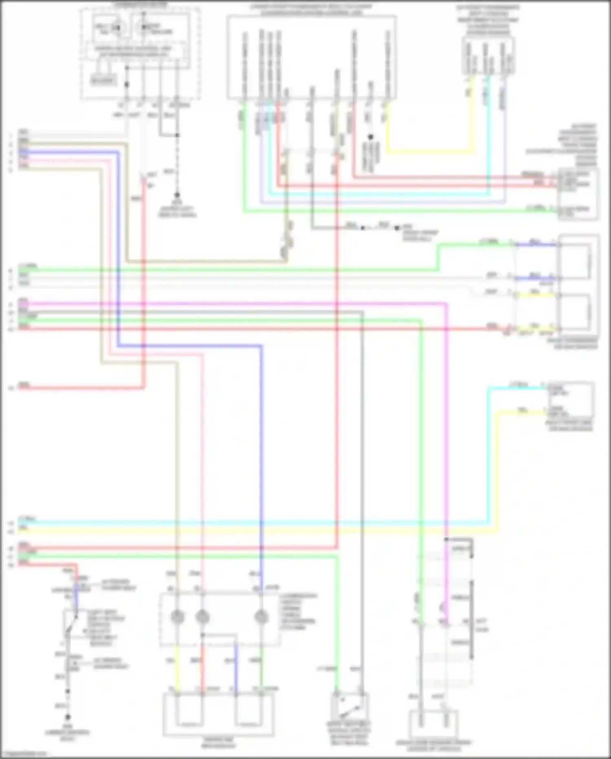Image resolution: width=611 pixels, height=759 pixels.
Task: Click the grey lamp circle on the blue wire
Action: point(261,617)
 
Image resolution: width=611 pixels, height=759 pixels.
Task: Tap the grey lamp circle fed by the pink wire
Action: point(202,617)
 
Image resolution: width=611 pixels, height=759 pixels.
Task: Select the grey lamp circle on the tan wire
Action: point(178,617)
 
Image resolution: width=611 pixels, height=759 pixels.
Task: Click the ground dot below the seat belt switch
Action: point(68,717)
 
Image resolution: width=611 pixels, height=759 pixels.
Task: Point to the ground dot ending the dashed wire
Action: point(177,195)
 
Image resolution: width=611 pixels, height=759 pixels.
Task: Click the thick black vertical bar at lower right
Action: point(472,620)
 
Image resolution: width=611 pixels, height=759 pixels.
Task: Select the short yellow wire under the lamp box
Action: point(178,669)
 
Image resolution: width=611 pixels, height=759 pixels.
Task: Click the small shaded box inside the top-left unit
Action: point(103,80)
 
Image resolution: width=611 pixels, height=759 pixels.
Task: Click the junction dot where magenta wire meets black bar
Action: point(446,539)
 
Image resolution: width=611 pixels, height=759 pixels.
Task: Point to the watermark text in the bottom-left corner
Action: point(24,754)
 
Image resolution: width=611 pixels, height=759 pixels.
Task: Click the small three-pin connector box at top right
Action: point(488,56)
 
